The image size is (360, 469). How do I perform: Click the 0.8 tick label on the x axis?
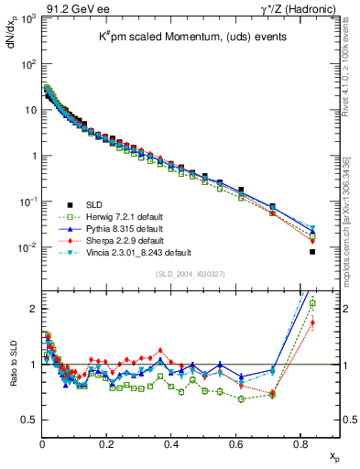pos(301,448)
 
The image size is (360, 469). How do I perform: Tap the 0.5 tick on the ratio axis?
pos(29,420)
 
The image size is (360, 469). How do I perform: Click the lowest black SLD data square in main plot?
pos(312,252)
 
